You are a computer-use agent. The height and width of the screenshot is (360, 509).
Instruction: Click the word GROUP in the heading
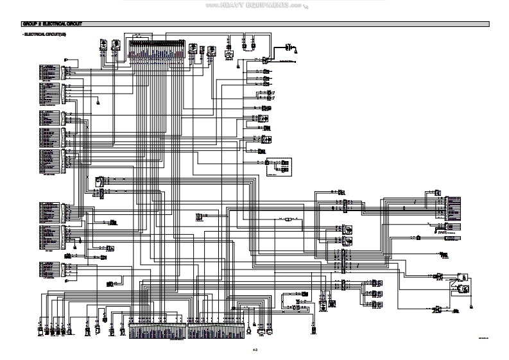coord(28,24)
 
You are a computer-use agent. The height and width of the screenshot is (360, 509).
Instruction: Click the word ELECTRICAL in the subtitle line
coord(35,33)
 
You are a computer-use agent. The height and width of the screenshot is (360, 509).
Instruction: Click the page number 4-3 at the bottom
coord(255,350)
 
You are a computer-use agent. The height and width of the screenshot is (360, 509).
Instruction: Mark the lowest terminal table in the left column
coord(51,271)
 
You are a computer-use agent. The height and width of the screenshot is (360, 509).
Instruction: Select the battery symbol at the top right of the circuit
coord(289,47)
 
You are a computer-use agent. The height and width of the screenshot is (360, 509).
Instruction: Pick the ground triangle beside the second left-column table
coord(97,101)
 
